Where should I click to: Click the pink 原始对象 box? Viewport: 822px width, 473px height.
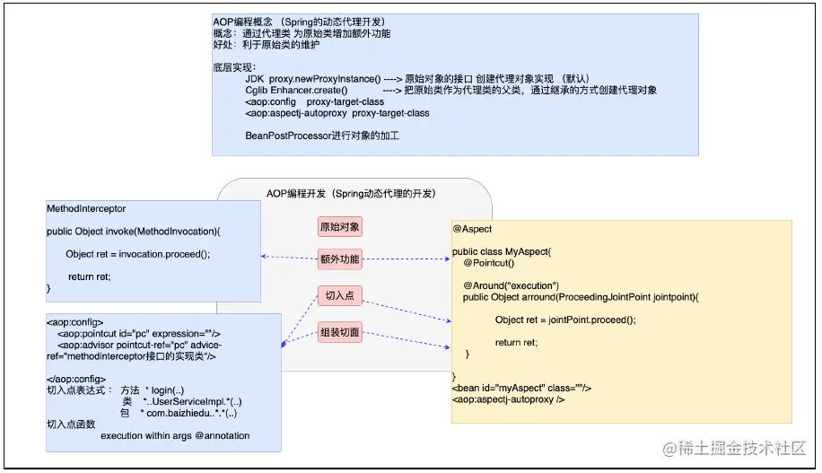339,227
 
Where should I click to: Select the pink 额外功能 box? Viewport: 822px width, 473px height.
339,259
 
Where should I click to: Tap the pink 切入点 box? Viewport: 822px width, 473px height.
339,296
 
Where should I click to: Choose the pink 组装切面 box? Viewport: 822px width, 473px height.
339,333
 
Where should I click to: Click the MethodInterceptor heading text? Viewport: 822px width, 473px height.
86,209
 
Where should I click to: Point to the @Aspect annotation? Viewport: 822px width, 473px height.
472,229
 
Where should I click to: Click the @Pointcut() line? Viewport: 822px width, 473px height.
488,262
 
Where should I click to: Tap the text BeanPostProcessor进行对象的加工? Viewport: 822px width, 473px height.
321,136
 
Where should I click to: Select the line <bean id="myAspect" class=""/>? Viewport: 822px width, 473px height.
521,388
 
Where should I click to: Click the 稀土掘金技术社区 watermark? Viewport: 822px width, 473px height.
734,448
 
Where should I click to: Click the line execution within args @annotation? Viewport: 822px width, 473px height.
175,436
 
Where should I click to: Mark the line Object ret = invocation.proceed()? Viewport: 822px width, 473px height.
137,254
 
